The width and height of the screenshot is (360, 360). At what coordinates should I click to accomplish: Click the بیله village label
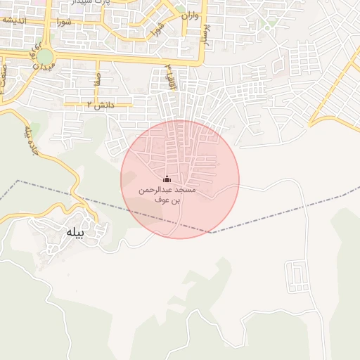tap(74, 233)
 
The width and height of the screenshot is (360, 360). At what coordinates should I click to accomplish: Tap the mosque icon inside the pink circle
tap(167, 179)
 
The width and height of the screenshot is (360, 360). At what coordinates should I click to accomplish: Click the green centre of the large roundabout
tap(44, 56)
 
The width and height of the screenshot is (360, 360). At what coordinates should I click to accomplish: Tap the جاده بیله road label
tap(30, 141)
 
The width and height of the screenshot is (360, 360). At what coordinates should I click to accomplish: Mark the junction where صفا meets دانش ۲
tap(97, 105)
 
